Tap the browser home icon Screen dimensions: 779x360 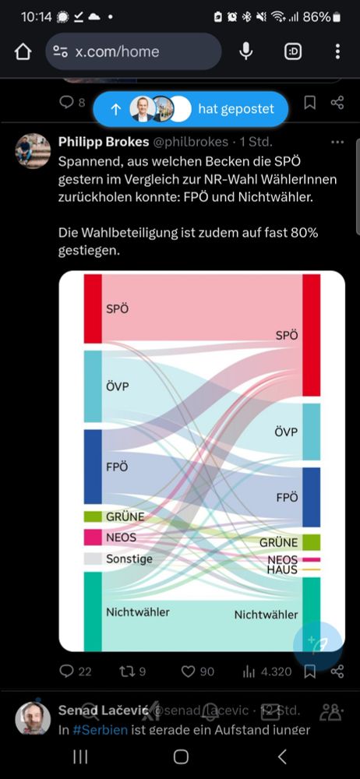[23, 51]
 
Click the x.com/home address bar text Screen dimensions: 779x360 [117, 52]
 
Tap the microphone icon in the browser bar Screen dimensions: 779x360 [246, 51]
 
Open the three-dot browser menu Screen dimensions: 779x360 [337, 51]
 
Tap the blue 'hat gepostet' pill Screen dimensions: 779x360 [190, 109]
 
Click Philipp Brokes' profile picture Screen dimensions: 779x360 [33, 150]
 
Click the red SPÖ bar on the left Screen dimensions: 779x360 [93, 308]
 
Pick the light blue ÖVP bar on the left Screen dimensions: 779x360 [93, 386]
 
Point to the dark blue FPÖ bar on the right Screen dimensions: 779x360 [311, 497]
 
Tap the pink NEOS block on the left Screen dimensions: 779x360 [93, 538]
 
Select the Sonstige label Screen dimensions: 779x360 [129, 559]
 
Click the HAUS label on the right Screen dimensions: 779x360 [282, 570]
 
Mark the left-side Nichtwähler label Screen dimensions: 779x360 [138, 612]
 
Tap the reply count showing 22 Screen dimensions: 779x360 [76, 671]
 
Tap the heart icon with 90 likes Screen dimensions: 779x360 [188, 671]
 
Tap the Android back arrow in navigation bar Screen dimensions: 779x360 [282, 756]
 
